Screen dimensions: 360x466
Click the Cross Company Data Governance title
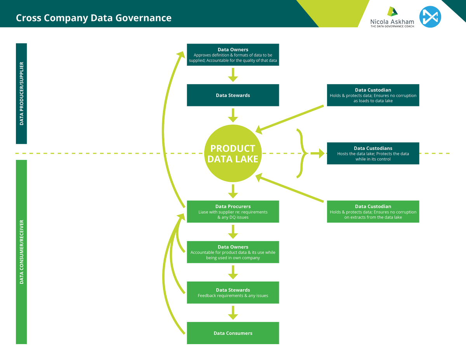[x=94, y=18]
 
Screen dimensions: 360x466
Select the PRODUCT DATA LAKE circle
[x=233, y=153]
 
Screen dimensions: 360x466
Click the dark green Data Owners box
[x=233, y=54]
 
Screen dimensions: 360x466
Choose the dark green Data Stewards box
[x=233, y=95]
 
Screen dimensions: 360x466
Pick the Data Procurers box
[x=233, y=212]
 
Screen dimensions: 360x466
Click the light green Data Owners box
[x=233, y=252]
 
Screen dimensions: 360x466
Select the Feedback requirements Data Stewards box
[x=233, y=292]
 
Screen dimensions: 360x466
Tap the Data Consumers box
[x=233, y=333]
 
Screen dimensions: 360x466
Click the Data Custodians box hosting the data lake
[x=373, y=153]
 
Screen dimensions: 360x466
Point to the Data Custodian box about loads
[x=373, y=95]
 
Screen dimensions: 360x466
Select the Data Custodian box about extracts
[x=373, y=212]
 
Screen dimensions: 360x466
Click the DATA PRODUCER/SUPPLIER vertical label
[x=21, y=93]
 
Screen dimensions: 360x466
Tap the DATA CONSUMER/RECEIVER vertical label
[x=21, y=252]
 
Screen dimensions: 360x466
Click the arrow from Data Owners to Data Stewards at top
[x=233, y=75]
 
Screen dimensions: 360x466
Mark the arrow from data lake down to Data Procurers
[x=233, y=191]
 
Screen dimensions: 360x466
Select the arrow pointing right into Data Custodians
[x=318, y=153]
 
